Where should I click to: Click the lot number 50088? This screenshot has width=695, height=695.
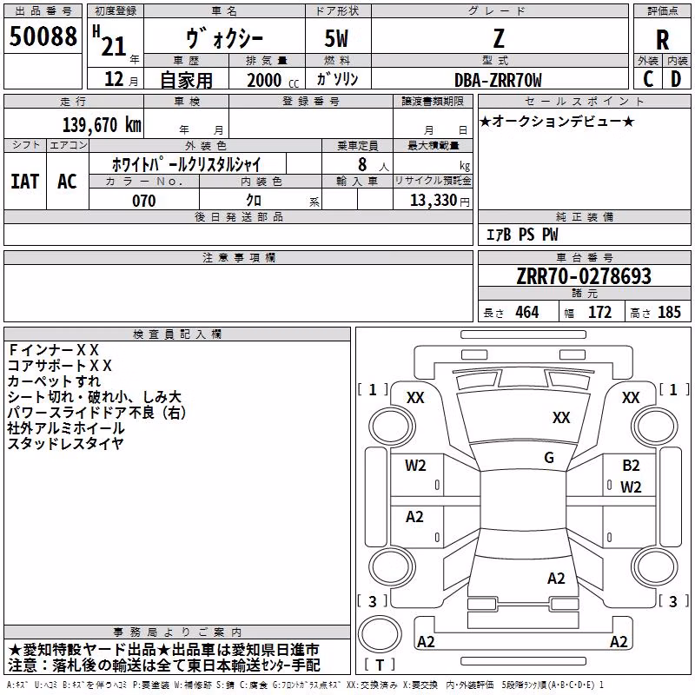point(43,36)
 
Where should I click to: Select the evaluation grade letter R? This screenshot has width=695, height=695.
point(662,40)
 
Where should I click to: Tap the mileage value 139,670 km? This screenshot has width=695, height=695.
point(102,125)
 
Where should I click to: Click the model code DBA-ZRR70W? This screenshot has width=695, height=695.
point(498,80)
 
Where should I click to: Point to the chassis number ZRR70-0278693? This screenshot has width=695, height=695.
point(584,276)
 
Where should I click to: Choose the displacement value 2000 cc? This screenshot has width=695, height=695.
point(273,80)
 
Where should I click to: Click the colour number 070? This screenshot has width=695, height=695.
point(144,201)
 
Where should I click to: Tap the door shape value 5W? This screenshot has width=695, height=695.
point(336,38)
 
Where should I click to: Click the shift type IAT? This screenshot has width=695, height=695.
point(25,182)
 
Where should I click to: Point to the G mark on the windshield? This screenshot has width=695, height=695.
point(549,458)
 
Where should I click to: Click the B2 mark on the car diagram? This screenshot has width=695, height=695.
point(631,466)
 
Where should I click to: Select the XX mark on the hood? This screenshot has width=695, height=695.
point(561,418)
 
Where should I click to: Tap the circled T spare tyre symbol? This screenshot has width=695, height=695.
point(380,635)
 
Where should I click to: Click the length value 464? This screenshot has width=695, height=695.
point(527,313)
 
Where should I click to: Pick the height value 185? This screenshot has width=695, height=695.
point(669,313)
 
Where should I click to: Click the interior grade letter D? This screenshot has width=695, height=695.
point(676,79)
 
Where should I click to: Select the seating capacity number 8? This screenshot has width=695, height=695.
point(362,164)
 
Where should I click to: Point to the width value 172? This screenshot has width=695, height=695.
point(599,313)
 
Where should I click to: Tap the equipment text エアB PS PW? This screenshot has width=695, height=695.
point(522,235)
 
